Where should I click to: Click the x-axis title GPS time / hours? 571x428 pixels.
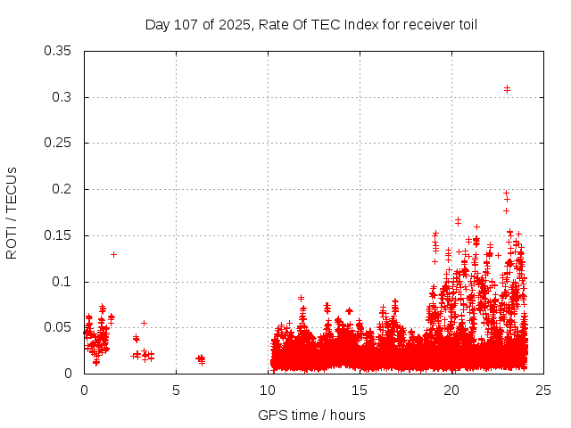(x=311, y=415)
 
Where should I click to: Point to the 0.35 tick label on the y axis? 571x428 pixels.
(x=58, y=51)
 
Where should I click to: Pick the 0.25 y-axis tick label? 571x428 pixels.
(x=58, y=144)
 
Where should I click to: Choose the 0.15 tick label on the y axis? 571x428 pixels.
(x=58, y=235)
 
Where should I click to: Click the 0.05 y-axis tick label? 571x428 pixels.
(x=58, y=327)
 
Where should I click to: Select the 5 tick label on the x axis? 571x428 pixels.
(x=176, y=390)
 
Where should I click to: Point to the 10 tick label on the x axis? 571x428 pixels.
(x=268, y=390)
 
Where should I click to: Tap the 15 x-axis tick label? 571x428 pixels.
(x=360, y=390)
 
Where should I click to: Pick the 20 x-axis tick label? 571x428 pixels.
(x=451, y=390)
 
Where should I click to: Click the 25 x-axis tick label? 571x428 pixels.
(x=543, y=390)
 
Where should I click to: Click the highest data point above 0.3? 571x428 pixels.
(x=507, y=88)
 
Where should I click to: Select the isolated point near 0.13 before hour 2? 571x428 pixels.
(x=113, y=254)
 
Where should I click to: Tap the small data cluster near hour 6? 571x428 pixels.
(x=201, y=359)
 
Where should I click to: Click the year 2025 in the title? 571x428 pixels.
(x=236, y=24)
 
